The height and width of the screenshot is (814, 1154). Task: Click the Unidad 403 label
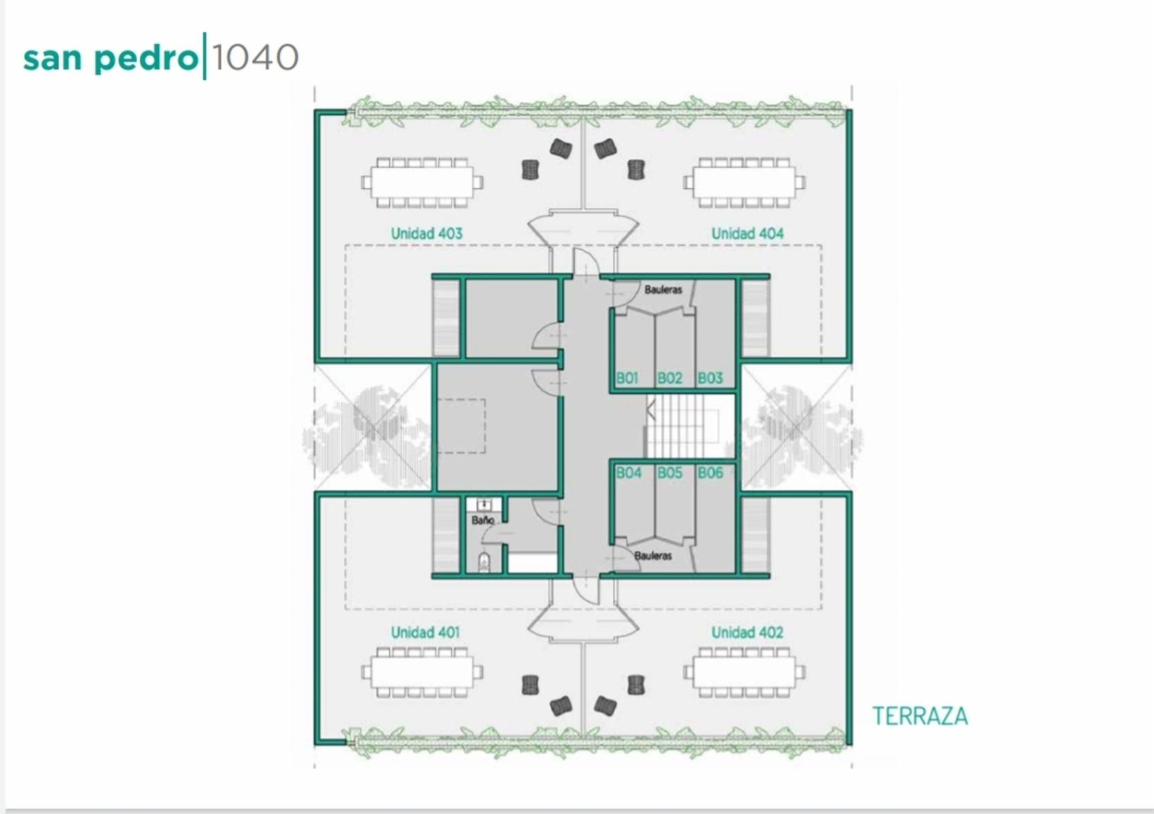point(426,234)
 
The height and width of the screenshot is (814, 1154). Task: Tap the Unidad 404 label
point(747,234)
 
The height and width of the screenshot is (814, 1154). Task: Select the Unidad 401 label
point(425,633)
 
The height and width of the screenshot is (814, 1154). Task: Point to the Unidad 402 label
point(747,633)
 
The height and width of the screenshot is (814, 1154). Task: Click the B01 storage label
point(627,378)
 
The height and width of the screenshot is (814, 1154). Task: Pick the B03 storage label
point(711,378)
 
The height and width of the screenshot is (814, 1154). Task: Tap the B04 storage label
point(629,473)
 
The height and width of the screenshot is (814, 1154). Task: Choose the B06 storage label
point(711,473)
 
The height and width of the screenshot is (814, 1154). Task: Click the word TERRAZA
point(920,716)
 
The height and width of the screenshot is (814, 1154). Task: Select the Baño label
point(483,520)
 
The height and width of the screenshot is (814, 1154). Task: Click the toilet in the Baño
point(484,562)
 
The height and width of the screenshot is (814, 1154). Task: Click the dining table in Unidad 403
point(422,183)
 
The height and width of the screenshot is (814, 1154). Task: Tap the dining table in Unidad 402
point(745,673)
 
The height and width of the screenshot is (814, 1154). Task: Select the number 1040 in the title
point(255,56)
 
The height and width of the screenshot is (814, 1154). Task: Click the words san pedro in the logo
point(111,58)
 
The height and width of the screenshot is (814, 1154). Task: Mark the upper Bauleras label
point(663,289)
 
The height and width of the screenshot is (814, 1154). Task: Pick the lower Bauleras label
point(653,556)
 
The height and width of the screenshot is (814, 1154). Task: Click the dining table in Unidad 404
point(745,183)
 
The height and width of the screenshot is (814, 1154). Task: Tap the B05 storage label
point(670,473)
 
